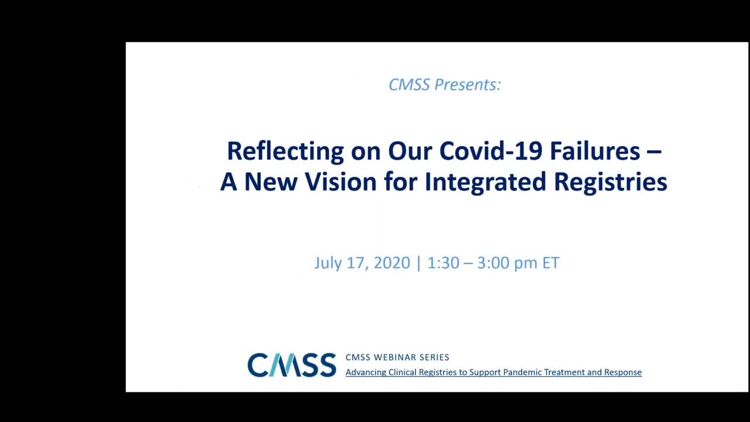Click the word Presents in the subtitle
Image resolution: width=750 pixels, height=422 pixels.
(468, 84)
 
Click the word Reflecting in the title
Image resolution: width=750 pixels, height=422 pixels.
(285, 152)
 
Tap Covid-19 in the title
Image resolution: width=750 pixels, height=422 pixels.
(490, 151)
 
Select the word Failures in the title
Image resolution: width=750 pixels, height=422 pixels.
(595, 151)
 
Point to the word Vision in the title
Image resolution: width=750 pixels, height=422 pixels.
(341, 182)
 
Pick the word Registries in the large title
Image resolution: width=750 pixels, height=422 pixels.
(611, 182)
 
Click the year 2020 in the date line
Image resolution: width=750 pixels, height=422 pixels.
(392, 263)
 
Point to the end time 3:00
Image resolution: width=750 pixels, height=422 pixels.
(493, 263)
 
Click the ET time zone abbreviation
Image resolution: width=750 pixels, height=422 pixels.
(551, 263)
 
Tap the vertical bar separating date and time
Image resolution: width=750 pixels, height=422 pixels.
(418, 263)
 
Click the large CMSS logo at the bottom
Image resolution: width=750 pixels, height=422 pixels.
(292, 365)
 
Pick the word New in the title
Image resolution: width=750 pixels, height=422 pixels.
(271, 182)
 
